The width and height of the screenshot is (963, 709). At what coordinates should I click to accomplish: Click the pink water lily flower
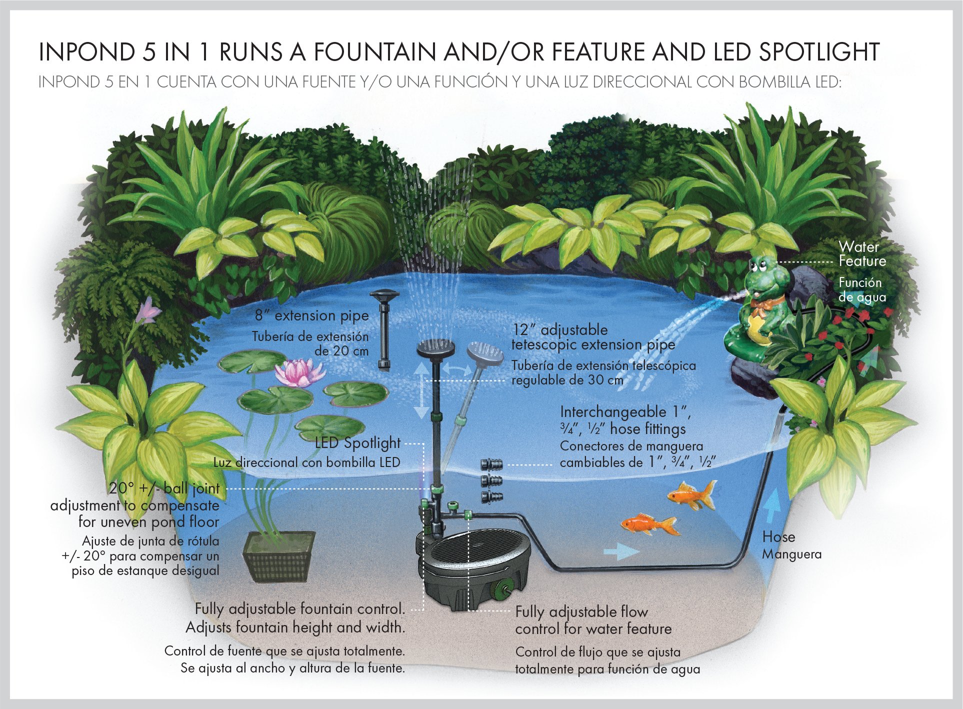(299, 373)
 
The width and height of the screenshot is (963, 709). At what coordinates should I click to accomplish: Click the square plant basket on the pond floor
(279, 555)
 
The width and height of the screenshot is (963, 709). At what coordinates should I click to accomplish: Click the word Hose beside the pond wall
(778, 537)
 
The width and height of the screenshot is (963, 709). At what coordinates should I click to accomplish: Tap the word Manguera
(791, 554)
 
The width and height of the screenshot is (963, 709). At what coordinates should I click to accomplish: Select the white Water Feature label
(862, 254)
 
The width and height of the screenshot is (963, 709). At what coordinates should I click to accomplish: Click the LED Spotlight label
(357, 443)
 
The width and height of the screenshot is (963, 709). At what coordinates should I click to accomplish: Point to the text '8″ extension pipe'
(311, 315)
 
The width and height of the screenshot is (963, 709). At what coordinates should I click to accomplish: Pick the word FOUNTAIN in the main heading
(374, 52)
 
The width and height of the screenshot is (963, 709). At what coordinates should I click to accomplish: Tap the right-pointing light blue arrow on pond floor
(621, 551)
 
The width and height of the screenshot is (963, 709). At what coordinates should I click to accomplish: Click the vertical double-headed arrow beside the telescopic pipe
(421, 390)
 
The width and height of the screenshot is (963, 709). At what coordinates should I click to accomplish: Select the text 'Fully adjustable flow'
(581, 612)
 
